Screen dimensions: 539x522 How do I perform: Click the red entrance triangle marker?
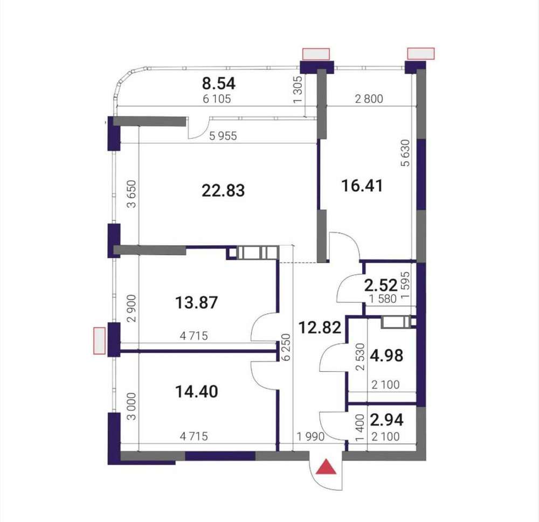pos(326,468)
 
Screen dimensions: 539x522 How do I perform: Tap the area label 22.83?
pos(223,190)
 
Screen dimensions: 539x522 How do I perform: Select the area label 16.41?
pos(362,185)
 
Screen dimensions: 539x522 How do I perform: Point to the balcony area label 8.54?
pos(219,83)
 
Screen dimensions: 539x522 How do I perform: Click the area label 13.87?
pos(197,303)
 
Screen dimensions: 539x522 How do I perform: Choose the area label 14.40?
pos(197,392)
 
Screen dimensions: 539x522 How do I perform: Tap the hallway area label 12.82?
pos(320,327)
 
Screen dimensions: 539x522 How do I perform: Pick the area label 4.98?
pos(386,356)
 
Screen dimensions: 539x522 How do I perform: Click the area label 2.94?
pos(386,420)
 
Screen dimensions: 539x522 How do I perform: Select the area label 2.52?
pos(381,285)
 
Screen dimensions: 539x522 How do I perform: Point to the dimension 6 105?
pos(217,99)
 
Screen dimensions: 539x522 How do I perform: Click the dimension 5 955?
pos(223,136)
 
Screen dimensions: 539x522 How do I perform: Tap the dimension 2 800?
pos(369,99)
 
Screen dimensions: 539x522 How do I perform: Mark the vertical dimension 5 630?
pos(406,153)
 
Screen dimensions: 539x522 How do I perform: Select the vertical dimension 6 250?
pos(287,347)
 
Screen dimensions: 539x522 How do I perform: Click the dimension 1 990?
pos(311,436)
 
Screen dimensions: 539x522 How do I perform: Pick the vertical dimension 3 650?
pos(132,194)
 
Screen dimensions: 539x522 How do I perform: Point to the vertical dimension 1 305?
pos(298,89)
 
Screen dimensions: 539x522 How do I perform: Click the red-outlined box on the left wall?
pos(99,340)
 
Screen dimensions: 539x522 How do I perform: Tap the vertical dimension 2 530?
pos(360,357)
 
